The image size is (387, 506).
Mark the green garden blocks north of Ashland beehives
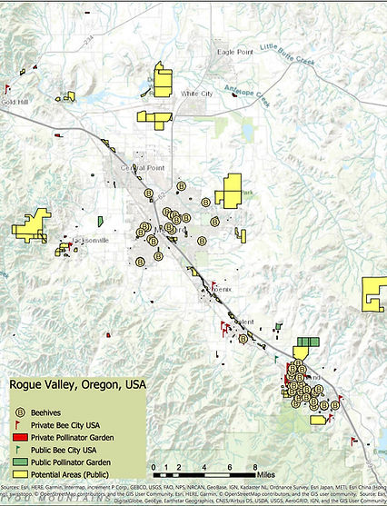coord(308,343)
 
